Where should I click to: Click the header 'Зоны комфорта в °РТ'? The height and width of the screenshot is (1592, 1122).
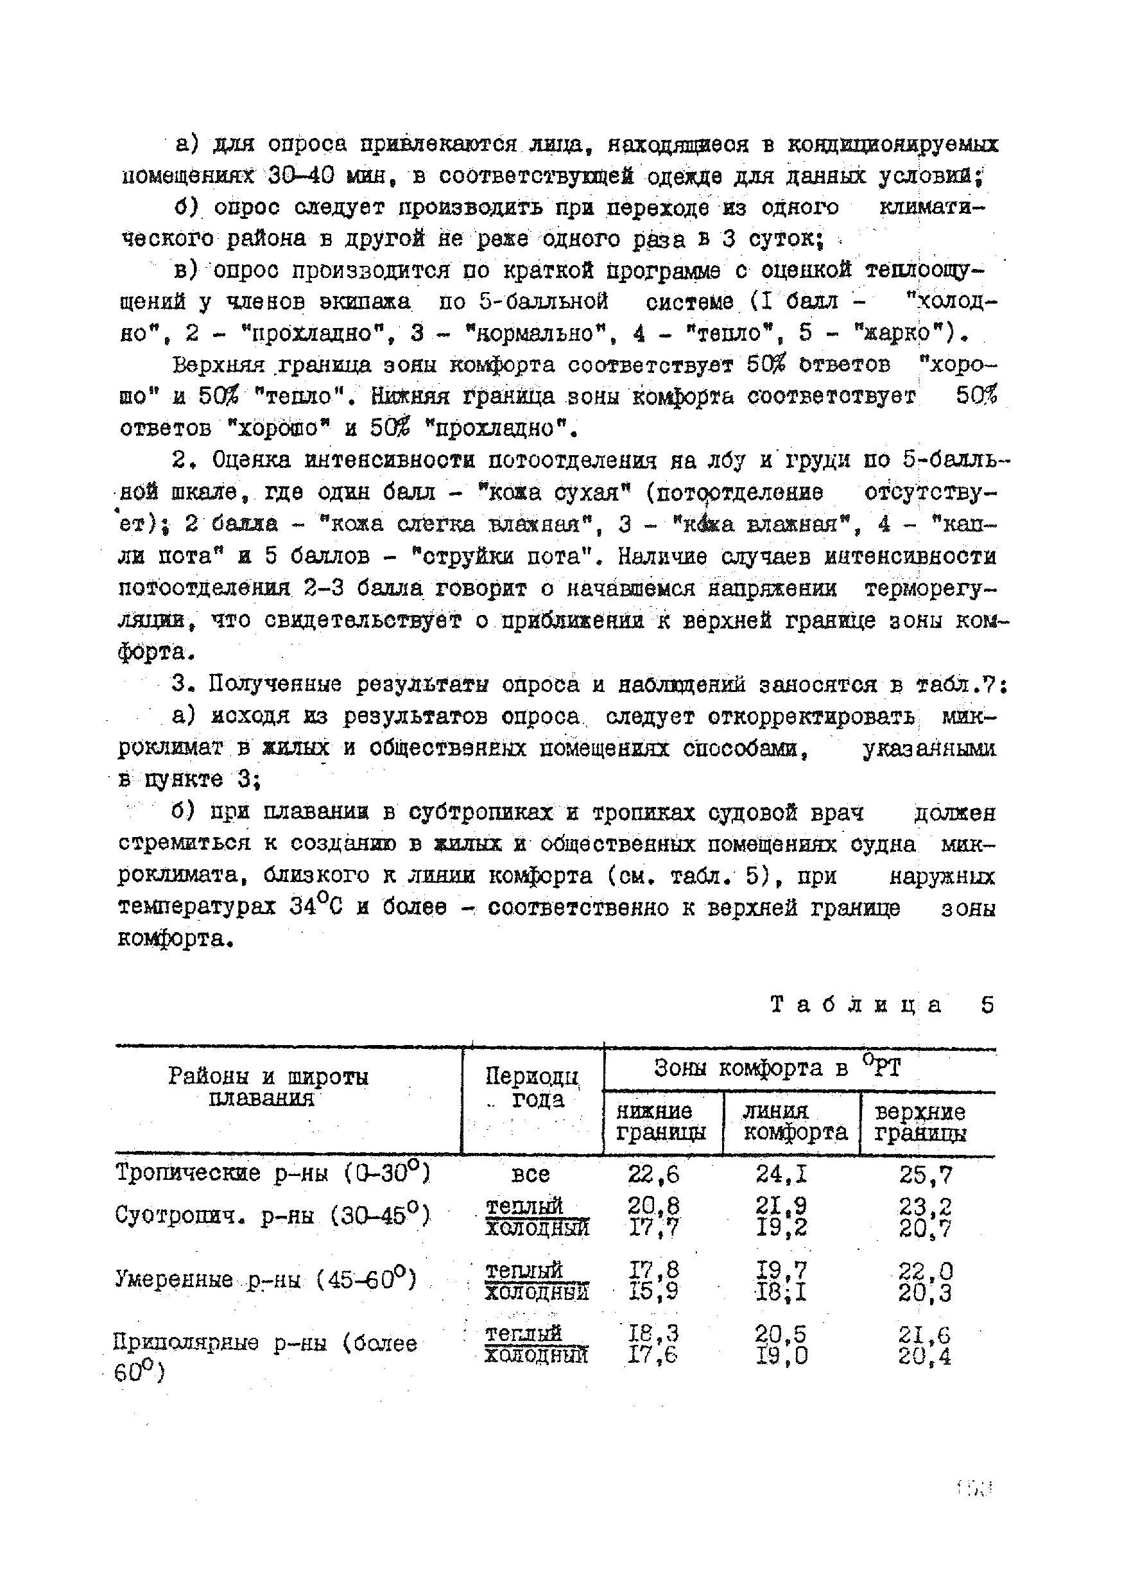[x=777, y=1068]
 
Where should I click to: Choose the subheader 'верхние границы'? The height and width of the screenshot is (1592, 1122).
[x=920, y=1123]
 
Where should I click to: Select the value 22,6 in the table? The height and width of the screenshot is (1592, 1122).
[x=653, y=1174]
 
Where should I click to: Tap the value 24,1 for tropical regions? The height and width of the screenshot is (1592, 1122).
[x=782, y=1174]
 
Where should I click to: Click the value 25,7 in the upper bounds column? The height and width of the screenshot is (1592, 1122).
[x=926, y=1175]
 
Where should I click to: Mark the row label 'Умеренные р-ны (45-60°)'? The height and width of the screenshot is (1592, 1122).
[x=266, y=1279]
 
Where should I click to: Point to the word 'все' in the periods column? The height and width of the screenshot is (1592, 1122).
[x=530, y=1175]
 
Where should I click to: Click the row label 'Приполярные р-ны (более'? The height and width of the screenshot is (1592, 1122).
[x=265, y=1343]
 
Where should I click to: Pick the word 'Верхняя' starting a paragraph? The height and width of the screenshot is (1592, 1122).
[x=218, y=365]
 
